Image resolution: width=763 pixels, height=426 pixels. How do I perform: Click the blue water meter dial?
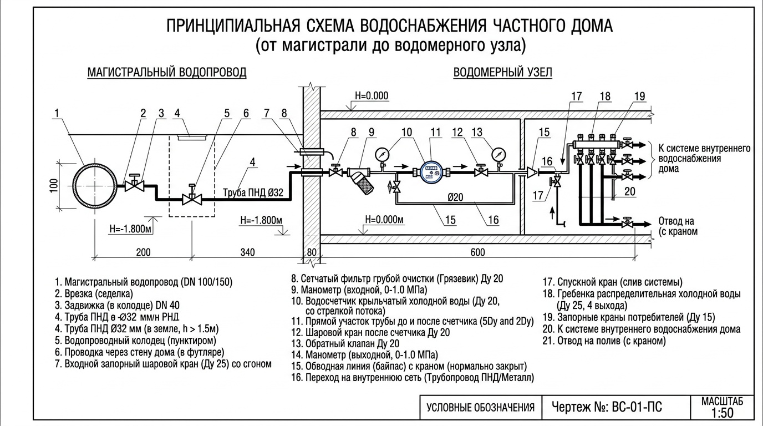tap(430, 173)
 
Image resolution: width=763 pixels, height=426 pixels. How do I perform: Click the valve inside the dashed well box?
tap(192, 197)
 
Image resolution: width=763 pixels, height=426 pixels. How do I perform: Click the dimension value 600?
tap(477, 253)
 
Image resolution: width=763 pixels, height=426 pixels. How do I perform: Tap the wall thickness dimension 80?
tap(312, 253)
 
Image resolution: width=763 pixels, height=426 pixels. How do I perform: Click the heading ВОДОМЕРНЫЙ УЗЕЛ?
tap(502, 73)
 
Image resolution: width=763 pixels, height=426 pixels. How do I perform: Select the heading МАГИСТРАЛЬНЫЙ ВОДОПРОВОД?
tap(167, 73)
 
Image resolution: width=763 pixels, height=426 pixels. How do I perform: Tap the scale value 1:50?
tap(721, 413)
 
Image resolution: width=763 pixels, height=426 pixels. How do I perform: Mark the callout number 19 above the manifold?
tap(640, 97)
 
